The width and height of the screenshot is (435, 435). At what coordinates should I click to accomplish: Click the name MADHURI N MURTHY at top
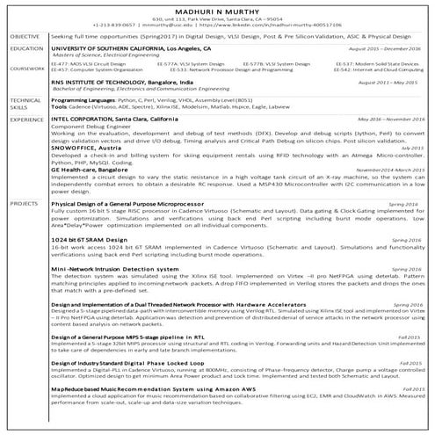click(217, 8)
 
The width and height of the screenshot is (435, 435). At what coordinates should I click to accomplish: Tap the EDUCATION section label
click(27, 49)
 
